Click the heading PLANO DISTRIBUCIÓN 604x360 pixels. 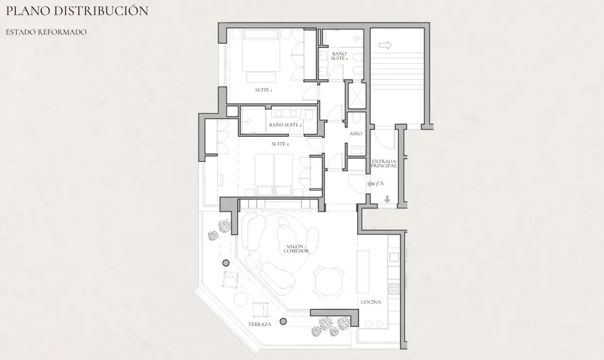point(77,11)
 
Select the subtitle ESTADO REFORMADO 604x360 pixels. point(46,32)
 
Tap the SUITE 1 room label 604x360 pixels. point(263,90)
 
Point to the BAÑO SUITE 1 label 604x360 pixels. point(339,56)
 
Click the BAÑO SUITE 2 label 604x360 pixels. point(285,125)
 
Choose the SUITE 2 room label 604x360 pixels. point(280,144)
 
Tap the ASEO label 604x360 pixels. point(356,134)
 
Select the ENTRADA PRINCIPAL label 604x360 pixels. point(384,163)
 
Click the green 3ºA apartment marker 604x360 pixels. point(380,183)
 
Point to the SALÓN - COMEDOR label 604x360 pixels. point(296,249)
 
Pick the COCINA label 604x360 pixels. point(371,302)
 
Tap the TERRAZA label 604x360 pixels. point(260,324)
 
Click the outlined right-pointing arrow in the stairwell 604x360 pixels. point(385,45)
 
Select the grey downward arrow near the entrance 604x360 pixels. point(387,199)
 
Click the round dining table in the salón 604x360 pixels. point(329,282)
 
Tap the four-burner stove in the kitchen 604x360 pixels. point(394,288)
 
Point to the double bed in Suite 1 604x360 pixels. point(261,56)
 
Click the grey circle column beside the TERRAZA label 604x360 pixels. point(283,321)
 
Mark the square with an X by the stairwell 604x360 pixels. point(357,96)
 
